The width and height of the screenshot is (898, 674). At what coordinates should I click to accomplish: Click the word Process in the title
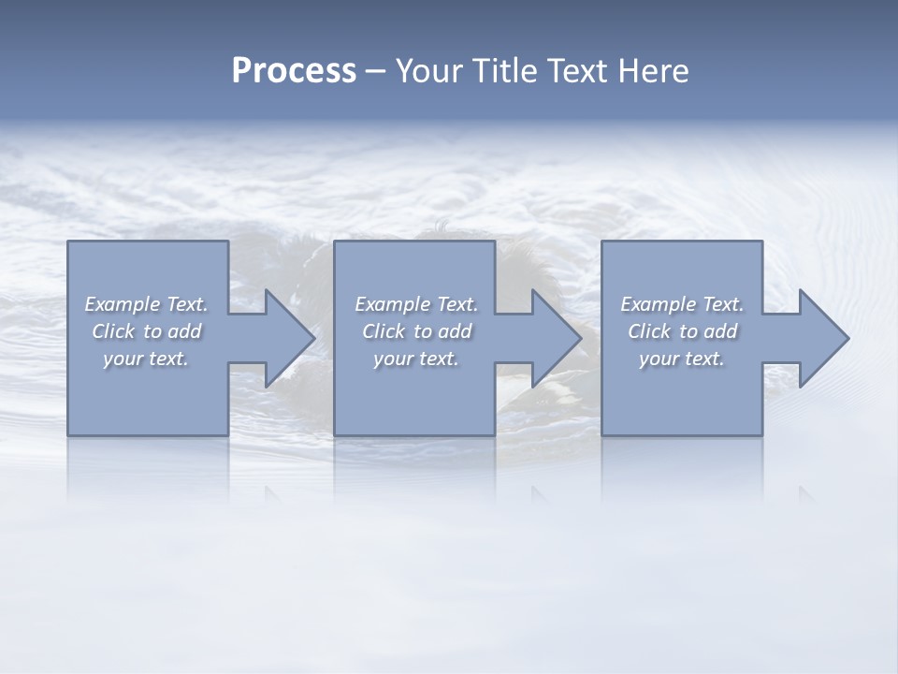[294, 71]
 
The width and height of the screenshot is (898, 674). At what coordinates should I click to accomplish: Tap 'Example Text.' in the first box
[146, 304]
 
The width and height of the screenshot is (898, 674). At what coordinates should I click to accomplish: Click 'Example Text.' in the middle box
[416, 304]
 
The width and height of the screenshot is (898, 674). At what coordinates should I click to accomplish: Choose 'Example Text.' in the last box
[682, 304]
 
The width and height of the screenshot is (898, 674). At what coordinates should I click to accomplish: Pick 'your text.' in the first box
[146, 359]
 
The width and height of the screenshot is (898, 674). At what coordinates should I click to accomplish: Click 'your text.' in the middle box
[416, 359]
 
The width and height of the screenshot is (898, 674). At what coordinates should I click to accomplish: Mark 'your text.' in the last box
[682, 359]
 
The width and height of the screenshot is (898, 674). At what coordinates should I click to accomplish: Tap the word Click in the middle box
[384, 331]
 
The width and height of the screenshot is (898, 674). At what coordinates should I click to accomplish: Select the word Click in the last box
[649, 331]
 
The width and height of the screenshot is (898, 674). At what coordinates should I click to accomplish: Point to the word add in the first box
[184, 331]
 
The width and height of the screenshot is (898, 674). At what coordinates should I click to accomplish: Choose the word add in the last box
[720, 331]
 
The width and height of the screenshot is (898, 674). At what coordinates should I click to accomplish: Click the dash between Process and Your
[375, 71]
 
